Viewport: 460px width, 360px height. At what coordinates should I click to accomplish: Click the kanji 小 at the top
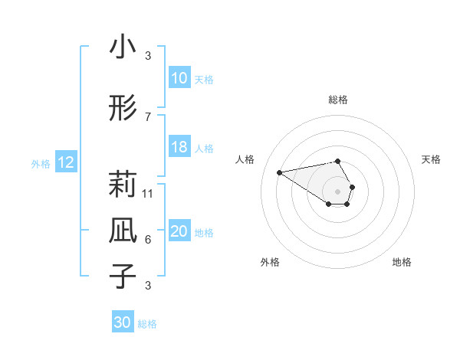point(123,47)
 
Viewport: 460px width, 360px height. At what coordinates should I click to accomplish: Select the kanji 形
point(123,110)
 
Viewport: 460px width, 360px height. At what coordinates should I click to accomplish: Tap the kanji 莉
point(123,185)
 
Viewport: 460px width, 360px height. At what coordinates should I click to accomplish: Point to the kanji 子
point(123,275)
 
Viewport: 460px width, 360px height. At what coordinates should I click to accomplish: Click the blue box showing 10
point(179,79)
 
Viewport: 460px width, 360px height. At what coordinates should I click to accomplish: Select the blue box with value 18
point(179,147)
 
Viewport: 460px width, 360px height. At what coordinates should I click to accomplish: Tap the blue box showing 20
point(179,232)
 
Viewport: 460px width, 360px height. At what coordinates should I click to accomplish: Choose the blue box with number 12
point(65,162)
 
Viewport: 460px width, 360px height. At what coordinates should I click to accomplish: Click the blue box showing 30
point(123,322)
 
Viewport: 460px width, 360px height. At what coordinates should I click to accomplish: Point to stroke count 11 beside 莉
point(149,193)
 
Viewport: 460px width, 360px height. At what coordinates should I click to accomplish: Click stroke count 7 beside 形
point(148,116)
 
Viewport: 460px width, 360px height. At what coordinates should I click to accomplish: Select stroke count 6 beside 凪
point(148,240)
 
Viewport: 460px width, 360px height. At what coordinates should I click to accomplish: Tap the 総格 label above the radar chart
point(338,100)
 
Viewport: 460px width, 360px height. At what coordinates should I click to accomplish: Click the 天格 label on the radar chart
point(431,159)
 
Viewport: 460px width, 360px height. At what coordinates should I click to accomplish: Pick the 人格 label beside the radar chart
point(245,159)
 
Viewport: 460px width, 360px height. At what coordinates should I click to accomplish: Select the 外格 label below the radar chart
point(270,262)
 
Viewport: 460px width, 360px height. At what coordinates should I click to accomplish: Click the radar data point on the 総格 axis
point(338,161)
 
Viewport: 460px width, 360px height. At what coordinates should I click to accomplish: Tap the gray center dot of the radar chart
point(338,191)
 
